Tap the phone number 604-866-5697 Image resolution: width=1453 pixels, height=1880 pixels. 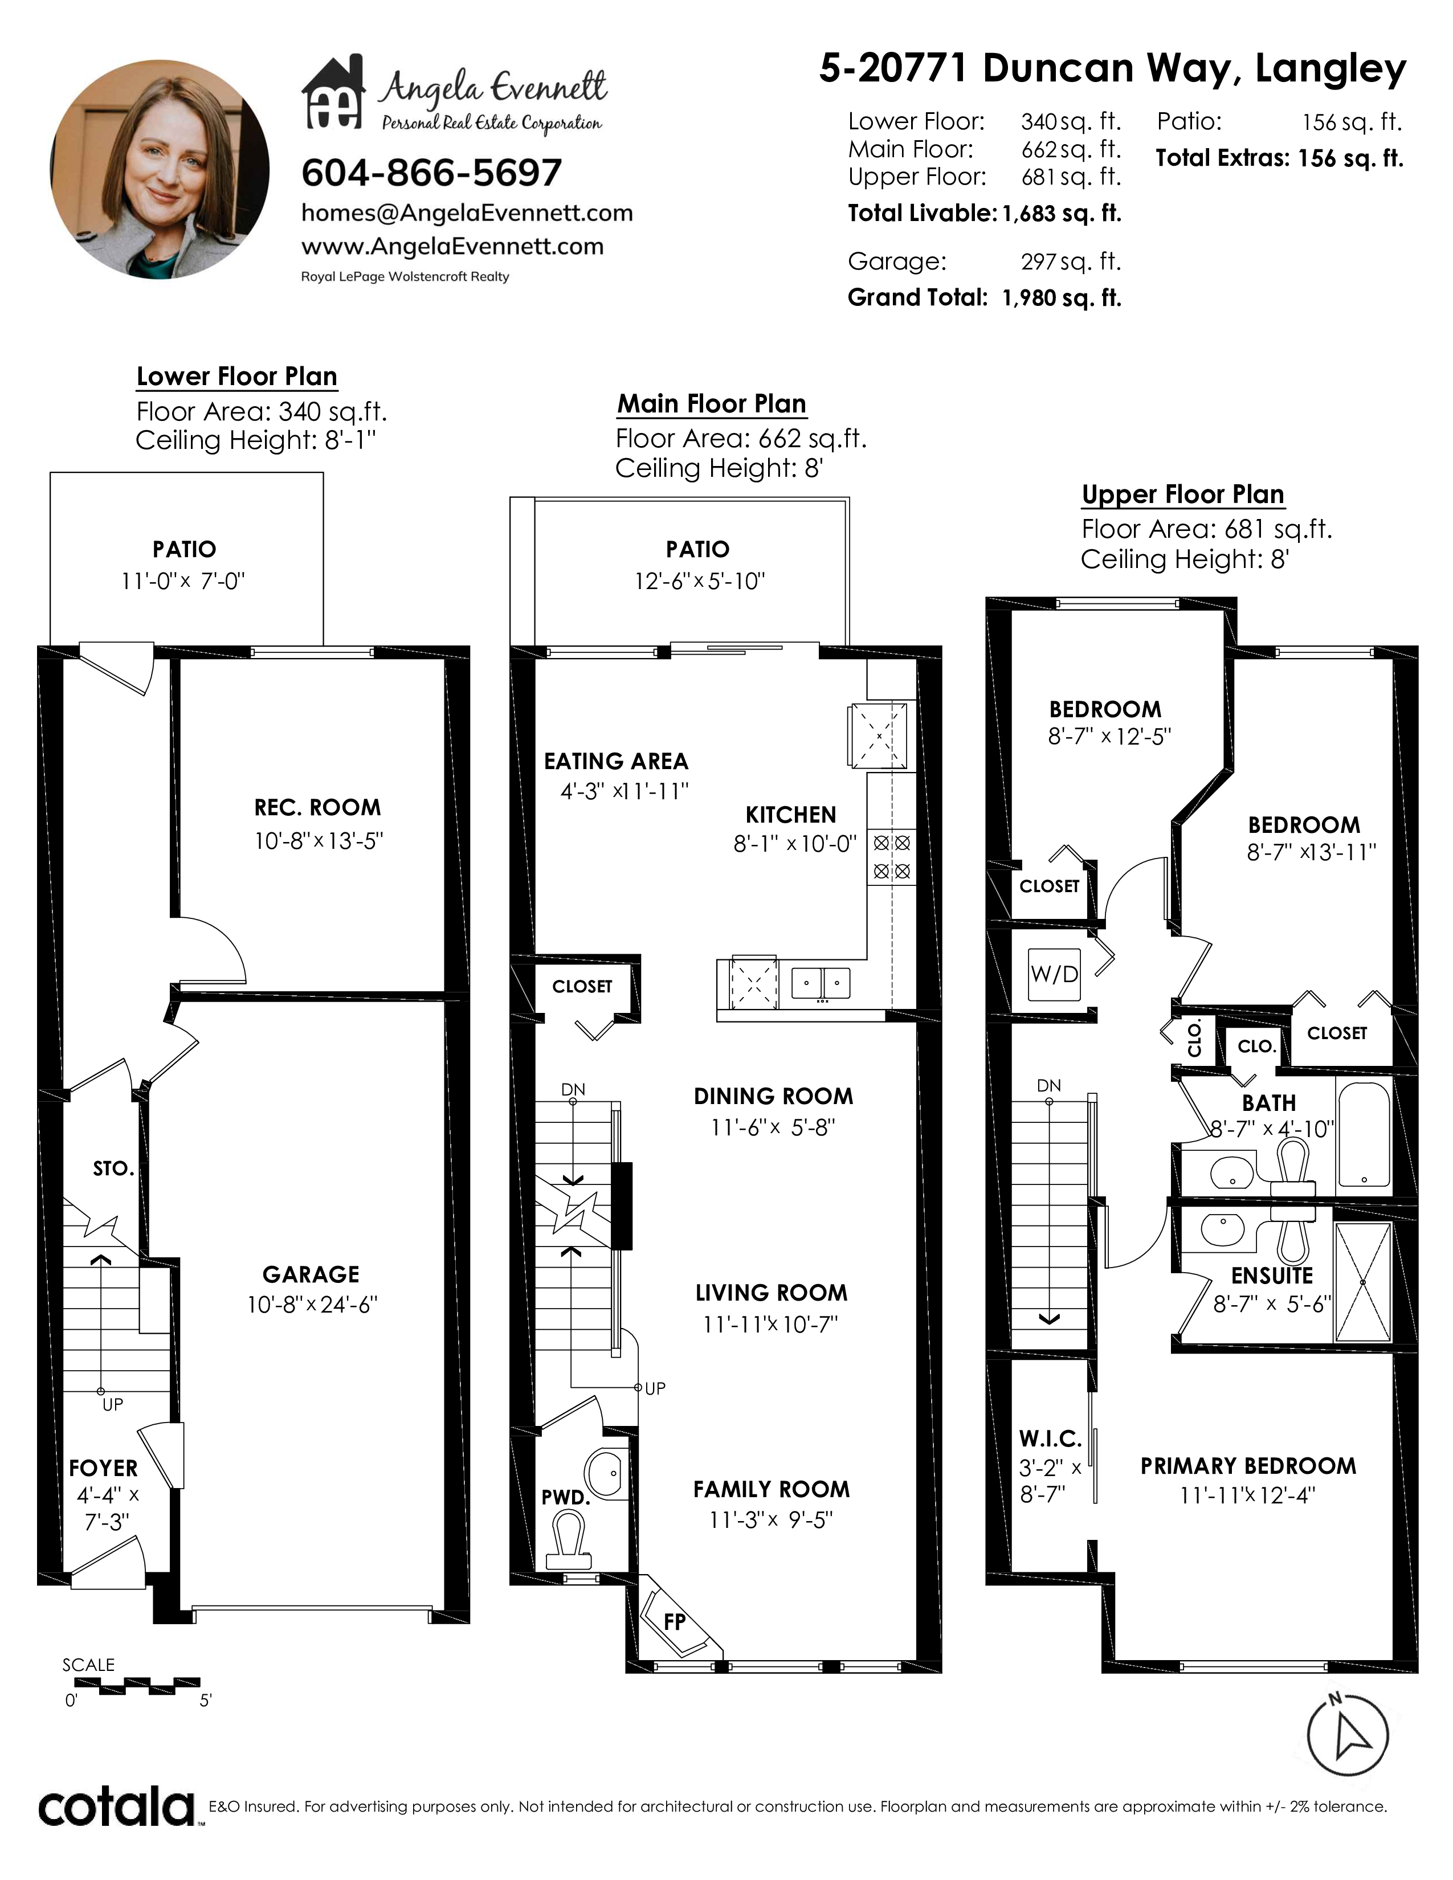tap(431, 173)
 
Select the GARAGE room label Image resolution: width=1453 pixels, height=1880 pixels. tap(311, 1274)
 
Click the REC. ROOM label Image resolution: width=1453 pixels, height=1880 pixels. tap(317, 807)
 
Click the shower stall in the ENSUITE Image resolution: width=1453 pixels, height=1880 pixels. tap(1362, 1282)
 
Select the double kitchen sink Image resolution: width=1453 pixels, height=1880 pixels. tap(821, 983)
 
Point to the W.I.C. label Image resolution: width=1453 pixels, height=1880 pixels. tap(1050, 1438)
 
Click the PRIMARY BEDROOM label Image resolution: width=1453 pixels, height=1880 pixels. tap(1248, 1466)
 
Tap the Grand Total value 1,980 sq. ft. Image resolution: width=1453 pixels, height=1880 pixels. tap(1062, 298)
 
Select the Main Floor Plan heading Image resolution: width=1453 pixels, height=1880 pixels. tap(712, 404)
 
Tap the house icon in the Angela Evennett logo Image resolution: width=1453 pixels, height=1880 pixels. tap(334, 92)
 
